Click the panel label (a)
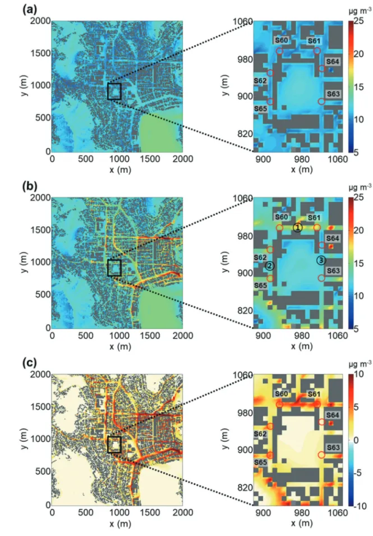(x=30, y=10)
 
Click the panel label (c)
(x=30, y=363)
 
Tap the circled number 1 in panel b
(x=298, y=227)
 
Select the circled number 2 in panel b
(x=269, y=265)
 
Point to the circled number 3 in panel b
(x=321, y=260)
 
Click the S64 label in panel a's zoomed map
(x=333, y=62)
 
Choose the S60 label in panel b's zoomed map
(x=282, y=217)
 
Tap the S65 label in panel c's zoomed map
(x=260, y=462)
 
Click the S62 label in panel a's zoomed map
(x=260, y=81)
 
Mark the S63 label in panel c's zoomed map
(x=333, y=447)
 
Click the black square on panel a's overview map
(x=114, y=91)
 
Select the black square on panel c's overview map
(x=114, y=445)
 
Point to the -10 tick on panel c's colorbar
(x=360, y=506)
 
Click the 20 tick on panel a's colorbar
(x=358, y=54)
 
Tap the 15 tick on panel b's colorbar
(x=358, y=263)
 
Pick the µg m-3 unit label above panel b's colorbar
(x=360, y=187)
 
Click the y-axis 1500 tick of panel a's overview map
(x=40, y=53)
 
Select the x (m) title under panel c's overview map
(x=120, y=523)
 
